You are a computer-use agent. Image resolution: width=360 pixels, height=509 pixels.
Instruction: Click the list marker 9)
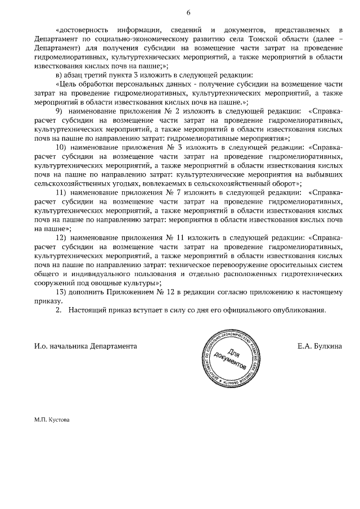point(60,111)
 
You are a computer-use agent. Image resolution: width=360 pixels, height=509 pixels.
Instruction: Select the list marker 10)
point(62,147)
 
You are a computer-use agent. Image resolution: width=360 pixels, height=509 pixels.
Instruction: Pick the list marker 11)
point(62,193)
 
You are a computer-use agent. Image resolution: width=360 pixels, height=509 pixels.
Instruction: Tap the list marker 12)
point(62,238)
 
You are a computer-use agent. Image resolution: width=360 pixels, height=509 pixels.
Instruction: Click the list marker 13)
point(62,292)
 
